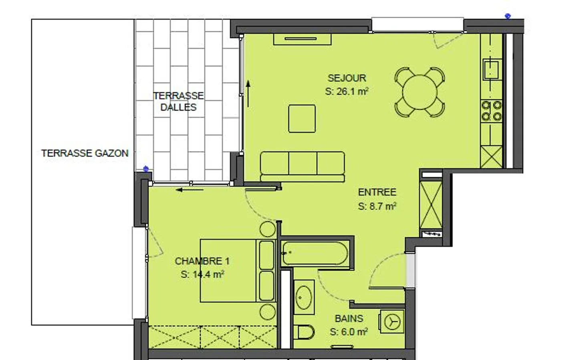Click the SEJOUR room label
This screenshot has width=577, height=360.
coord(347,78)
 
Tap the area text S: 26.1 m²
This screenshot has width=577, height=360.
coord(347,91)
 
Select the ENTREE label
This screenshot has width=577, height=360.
coord(377,192)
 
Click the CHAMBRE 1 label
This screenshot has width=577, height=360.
coord(202,261)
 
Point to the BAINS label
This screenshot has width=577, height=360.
coord(349,318)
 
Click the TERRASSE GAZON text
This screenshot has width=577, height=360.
coord(85,153)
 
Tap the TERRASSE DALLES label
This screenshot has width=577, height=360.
coord(178,101)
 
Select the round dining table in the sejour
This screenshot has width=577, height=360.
coord(420,92)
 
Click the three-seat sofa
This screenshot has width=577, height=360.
coord(303,166)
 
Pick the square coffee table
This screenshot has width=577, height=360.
coord(302,119)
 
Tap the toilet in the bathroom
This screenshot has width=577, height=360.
coord(305,332)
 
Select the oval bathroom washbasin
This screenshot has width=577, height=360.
coord(304,297)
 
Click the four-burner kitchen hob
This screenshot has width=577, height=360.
coord(492,111)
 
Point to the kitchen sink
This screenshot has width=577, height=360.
coord(492,69)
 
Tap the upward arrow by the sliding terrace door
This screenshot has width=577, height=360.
coord(248,93)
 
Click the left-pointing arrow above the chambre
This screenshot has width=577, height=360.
coord(189,190)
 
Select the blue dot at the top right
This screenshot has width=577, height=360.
coord(508,16)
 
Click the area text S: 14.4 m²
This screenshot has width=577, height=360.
coord(202,275)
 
